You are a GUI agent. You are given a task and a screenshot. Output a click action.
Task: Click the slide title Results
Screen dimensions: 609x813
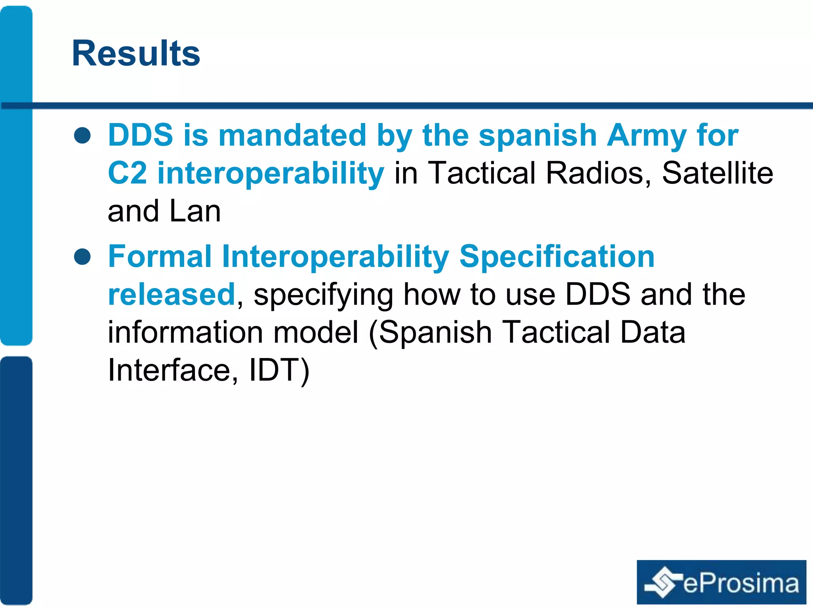[136, 54]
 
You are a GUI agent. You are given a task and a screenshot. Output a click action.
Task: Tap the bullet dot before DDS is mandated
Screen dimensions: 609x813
[83, 135]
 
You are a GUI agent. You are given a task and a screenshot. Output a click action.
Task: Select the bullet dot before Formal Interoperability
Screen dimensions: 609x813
[83, 257]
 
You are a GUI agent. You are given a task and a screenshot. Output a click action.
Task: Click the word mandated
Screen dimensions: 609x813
[292, 135]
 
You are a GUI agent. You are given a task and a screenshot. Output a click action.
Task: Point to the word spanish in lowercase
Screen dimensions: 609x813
[538, 136]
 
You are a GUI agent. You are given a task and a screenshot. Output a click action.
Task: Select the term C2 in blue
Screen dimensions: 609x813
[127, 173]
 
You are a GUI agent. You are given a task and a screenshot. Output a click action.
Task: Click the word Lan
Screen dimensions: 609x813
[195, 211]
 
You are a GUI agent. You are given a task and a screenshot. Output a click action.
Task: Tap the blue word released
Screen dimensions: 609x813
[171, 295]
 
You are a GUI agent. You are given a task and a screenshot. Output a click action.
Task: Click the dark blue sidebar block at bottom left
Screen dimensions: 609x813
[16, 480]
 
